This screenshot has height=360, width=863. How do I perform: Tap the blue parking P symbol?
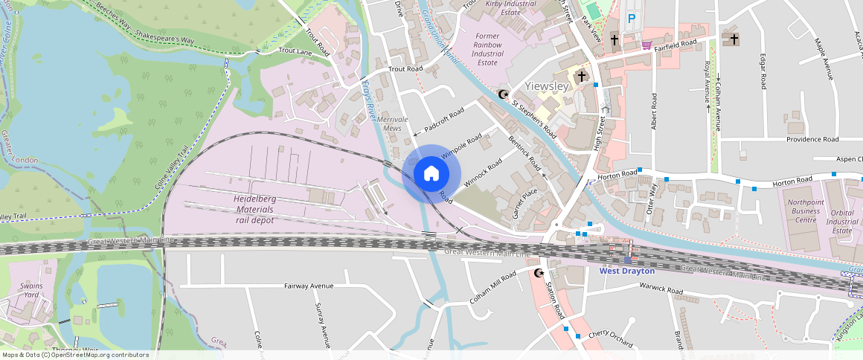632,19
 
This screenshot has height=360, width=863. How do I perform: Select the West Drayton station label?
627,271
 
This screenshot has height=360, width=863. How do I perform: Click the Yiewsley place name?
547,86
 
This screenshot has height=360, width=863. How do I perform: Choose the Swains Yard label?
29,290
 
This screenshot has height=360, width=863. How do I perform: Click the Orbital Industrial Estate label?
842,221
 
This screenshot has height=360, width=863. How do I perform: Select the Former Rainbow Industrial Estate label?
487,49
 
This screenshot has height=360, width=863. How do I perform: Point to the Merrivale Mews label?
394,124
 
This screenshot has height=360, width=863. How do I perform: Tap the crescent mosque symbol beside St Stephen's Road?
504,94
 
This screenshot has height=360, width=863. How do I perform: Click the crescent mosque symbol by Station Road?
539,274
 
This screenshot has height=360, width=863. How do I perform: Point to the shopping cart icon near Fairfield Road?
647,45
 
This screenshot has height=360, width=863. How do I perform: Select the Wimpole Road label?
461,146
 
